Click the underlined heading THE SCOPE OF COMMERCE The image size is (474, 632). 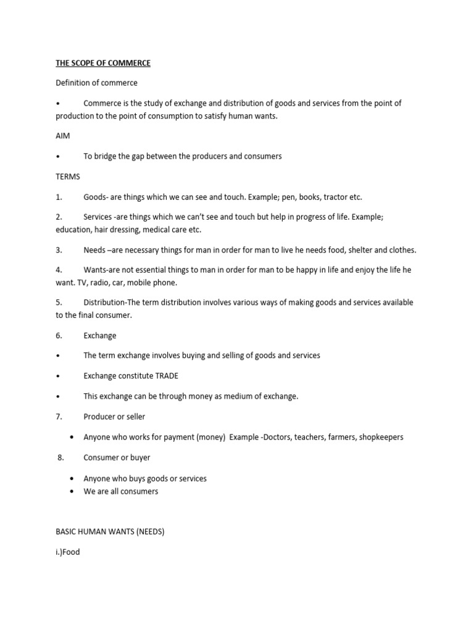(x=103, y=63)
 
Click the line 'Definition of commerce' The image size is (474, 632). (x=96, y=83)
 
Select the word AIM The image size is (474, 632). (x=64, y=136)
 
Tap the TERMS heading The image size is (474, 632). (x=68, y=177)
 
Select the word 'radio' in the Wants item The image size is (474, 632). (x=101, y=283)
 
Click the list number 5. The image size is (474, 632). (x=59, y=302)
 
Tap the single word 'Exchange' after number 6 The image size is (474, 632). (x=100, y=336)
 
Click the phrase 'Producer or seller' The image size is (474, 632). (x=114, y=417)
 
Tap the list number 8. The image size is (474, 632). (x=60, y=457)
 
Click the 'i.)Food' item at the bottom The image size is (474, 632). (x=68, y=552)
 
